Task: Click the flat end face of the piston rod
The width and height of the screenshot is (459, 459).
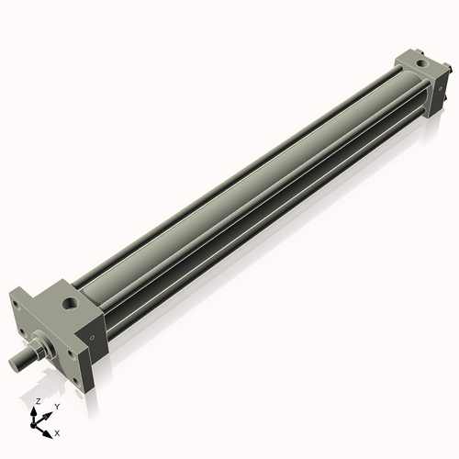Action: tap(16, 365)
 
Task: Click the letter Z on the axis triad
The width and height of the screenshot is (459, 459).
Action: tap(37, 402)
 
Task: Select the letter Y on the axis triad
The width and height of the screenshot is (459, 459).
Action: tap(57, 406)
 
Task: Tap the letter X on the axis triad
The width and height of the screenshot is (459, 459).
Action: tap(57, 431)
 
